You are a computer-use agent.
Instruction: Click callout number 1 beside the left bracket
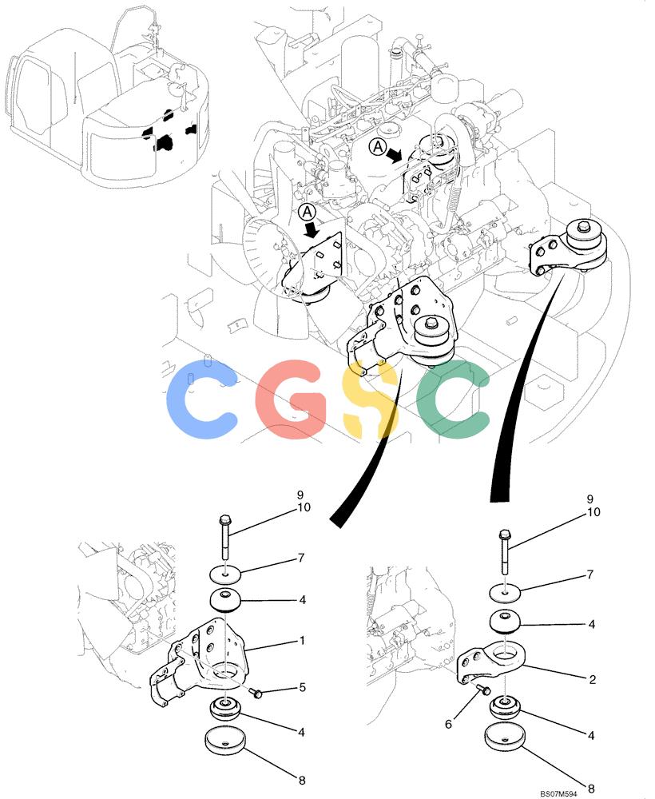coord(302,641)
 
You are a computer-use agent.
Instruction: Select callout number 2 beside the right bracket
coord(593,679)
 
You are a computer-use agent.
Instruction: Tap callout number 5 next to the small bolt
coord(303,687)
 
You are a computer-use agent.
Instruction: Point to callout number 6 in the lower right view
coord(448,724)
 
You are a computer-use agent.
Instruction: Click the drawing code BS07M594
coord(558,793)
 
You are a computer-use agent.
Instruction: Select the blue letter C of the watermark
coord(202,399)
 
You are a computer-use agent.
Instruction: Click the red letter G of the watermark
coord(291,399)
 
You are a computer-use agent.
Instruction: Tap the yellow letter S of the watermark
coord(370,399)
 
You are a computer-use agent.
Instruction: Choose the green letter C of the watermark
coord(453,399)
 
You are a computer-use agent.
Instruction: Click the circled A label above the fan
coord(308,212)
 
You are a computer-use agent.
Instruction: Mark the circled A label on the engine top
coord(377,147)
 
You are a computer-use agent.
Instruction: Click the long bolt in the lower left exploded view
coord(225,538)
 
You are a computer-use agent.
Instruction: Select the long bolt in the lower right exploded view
coord(504,553)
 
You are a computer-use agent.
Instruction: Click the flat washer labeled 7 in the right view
coord(505,593)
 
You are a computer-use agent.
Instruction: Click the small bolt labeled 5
coord(256,693)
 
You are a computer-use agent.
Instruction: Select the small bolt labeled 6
coord(483,690)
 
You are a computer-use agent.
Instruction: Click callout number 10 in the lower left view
coord(304,507)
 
